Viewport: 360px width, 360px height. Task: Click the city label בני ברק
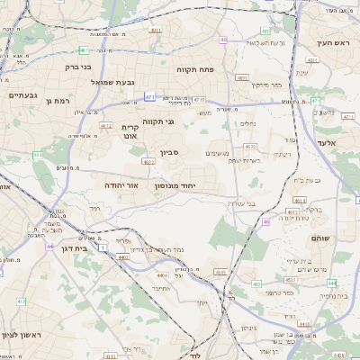point(79,66)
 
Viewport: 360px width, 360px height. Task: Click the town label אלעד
point(326,142)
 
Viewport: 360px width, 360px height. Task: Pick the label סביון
point(171,153)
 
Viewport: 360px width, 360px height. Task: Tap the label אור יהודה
point(121,184)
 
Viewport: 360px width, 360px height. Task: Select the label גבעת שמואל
point(114,82)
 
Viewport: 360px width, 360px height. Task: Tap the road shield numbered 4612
point(106,126)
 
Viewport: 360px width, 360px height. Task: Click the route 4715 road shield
point(199,100)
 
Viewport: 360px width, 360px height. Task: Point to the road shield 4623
point(251,146)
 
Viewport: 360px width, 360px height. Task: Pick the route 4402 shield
point(123,256)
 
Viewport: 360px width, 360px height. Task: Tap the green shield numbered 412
point(20,301)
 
